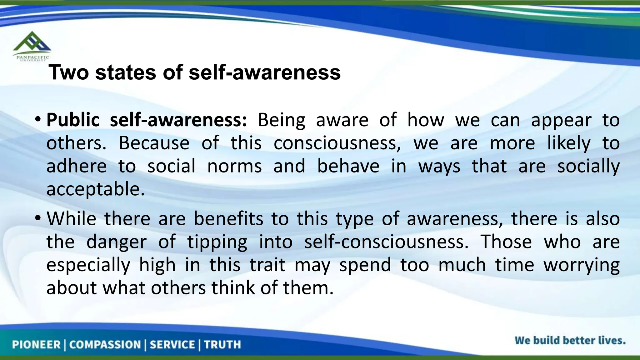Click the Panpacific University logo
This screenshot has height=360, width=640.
(x=32, y=46)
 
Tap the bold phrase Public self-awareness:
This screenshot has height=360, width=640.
(x=147, y=120)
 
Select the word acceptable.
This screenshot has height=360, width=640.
(x=96, y=189)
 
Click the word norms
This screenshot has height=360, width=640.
(x=234, y=166)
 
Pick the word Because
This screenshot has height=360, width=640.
(x=154, y=143)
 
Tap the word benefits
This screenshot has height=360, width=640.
(x=228, y=218)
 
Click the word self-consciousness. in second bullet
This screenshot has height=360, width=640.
(x=386, y=242)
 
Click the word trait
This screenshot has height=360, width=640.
(x=267, y=265)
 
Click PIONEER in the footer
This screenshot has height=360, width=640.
(x=36, y=345)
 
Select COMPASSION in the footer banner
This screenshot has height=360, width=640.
(x=105, y=345)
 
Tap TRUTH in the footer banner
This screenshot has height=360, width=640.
(x=222, y=345)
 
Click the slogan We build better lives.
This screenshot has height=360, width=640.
(x=570, y=340)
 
